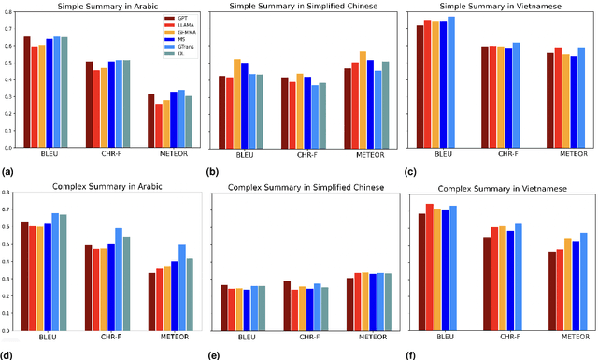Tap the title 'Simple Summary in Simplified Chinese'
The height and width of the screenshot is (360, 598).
click(298, 7)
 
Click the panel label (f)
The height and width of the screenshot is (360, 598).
click(405, 354)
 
